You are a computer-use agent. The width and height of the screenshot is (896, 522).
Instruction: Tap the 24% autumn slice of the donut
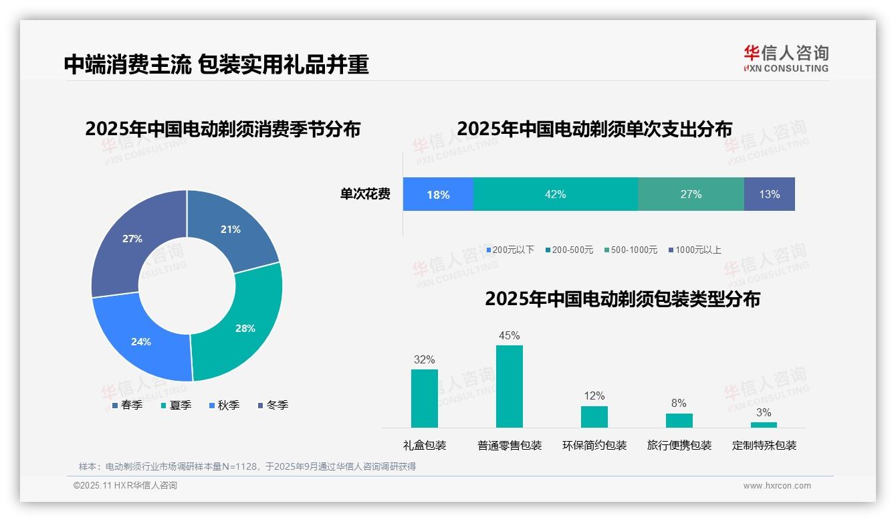141,341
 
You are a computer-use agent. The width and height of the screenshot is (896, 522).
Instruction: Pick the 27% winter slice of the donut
132,239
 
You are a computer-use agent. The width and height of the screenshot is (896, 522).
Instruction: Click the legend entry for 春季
127,405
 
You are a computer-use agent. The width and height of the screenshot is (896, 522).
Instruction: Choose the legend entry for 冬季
273,405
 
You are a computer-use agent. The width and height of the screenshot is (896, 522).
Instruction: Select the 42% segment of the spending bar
555,194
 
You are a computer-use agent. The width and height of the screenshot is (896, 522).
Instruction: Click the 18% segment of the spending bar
438,195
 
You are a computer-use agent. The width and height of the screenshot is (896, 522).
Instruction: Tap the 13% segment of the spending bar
769,194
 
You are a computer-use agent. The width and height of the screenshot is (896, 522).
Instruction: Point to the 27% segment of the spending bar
691,194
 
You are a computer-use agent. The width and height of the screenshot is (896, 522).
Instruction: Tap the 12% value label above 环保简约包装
594,396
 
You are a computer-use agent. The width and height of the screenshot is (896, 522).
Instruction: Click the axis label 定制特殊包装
764,445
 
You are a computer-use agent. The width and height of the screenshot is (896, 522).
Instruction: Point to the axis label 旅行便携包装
679,445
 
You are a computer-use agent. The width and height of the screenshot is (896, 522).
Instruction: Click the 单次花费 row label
365,194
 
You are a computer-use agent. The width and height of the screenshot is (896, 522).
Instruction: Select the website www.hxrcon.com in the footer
777,486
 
